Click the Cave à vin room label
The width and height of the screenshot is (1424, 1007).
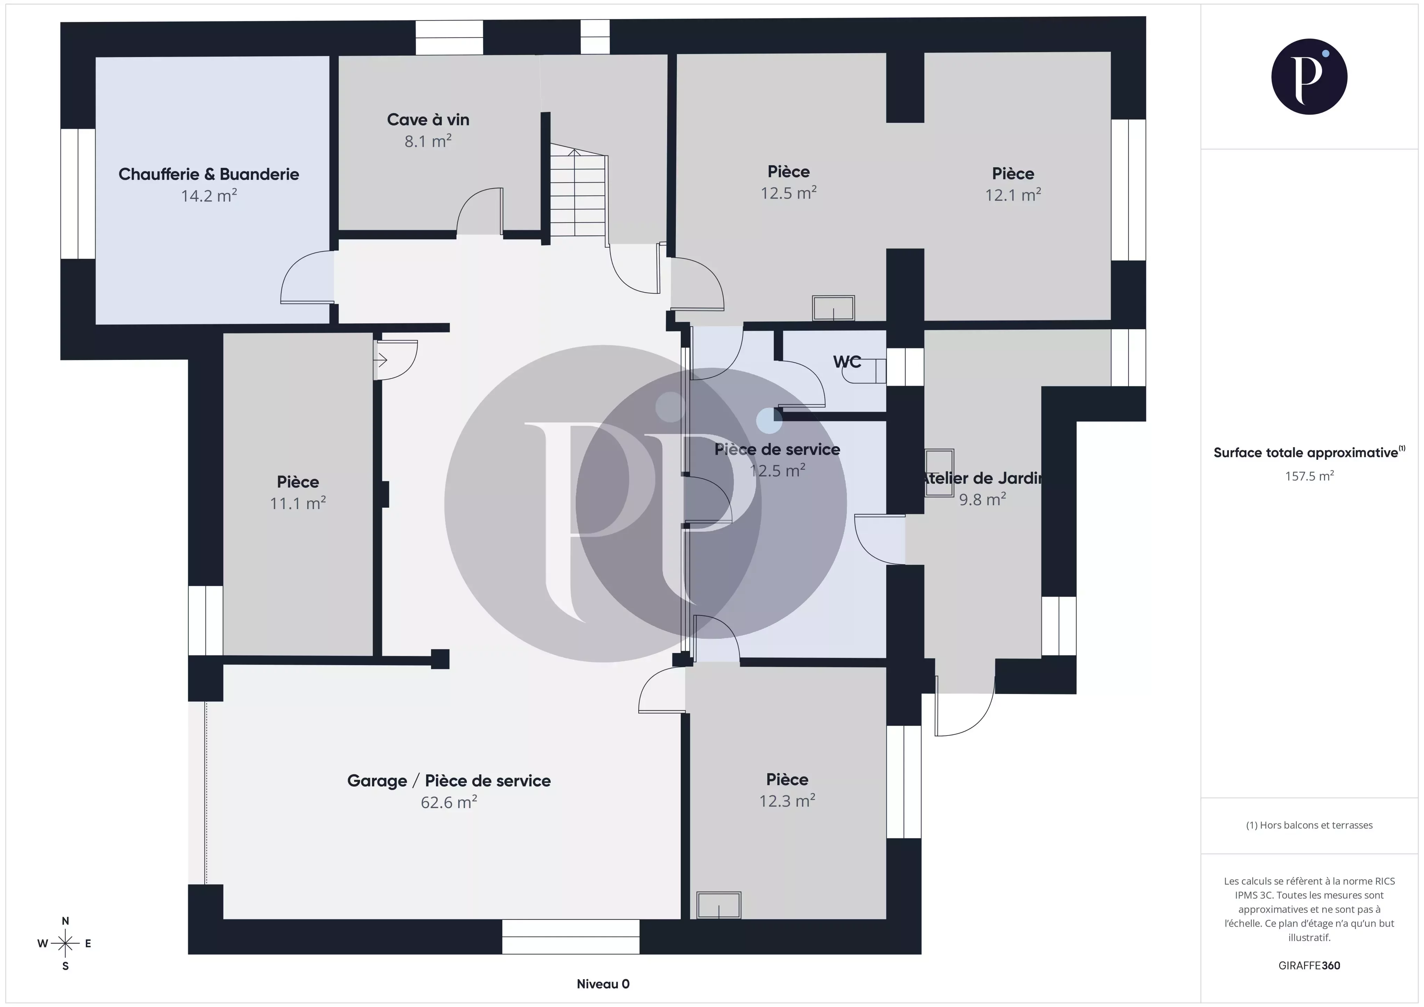coord(428,120)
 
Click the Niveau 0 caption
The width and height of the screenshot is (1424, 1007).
coord(603,983)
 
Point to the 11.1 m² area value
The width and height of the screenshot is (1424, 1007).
coord(298,503)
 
